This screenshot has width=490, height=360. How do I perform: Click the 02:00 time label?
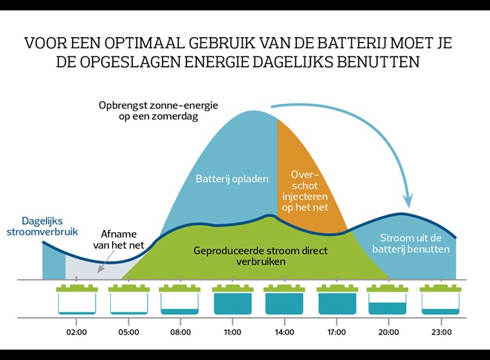pyautogui.click(x=76, y=332)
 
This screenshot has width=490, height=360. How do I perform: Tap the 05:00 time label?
pyautogui.click(x=128, y=332)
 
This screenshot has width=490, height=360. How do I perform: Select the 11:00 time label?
pyautogui.click(x=232, y=332)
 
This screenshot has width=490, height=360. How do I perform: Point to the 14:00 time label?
pyautogui.click(x=284, y=332)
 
